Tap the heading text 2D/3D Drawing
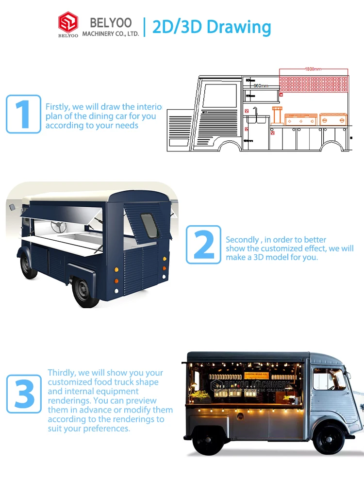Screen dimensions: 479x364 coord(212,27)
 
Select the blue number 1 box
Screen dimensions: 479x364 coord(23,114)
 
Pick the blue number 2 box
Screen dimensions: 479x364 coord(203,245)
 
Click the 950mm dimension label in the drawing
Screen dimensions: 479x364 coord(261,86)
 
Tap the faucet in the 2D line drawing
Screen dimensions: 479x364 coord(255,112)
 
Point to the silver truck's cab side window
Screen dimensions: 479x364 coord(329,380)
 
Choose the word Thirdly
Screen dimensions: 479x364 coord(62,373)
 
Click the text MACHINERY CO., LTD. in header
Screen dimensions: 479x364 coord(111,33)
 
